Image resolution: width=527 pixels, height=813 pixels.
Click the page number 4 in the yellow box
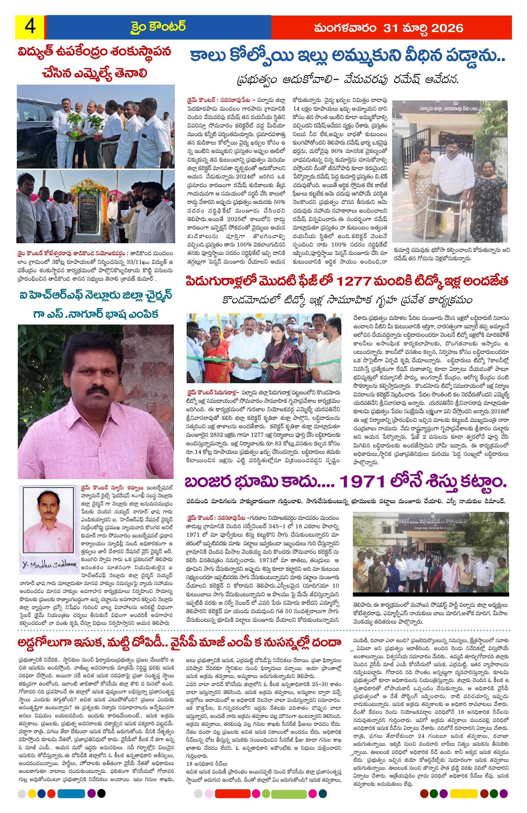[30, 26]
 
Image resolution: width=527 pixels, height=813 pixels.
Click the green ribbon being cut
[239, 359]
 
